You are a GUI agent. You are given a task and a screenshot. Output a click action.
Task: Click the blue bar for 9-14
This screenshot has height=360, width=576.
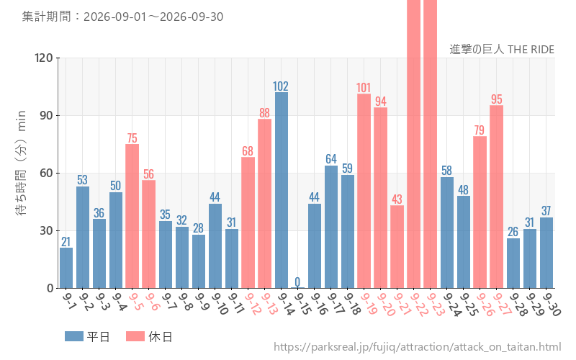[x=282, y=190]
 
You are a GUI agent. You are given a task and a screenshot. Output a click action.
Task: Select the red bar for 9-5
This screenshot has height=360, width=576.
[x=132, y=216]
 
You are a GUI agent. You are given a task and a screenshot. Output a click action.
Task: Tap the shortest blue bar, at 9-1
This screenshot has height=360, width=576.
[x=66, y=268]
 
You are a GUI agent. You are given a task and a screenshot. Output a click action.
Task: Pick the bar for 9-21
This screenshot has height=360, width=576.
[x=397, y=246]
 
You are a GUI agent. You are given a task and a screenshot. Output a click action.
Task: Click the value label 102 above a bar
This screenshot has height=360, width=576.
[x=281, y=86]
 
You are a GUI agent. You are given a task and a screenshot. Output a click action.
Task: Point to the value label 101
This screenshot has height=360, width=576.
[x=364, y=88]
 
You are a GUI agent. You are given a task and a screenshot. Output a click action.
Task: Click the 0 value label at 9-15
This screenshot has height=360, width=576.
[x=297, y=282]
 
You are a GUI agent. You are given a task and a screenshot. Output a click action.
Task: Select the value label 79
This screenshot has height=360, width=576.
[x=480, y=130]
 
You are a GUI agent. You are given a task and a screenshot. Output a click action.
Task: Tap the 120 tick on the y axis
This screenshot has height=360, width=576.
[x=44, y=58]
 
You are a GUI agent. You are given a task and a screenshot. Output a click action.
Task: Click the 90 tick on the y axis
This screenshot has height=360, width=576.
[x=47, y=116]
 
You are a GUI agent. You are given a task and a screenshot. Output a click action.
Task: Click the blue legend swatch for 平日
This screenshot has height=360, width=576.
[x=74, y=336]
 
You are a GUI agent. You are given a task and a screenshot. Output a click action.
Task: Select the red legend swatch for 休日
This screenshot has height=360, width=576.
[x=135, y=336]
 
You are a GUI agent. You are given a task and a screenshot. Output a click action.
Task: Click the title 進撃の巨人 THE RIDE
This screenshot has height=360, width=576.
[x=502, y=49]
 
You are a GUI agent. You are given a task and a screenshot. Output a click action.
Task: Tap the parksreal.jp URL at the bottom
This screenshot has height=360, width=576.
[x=418, y=347]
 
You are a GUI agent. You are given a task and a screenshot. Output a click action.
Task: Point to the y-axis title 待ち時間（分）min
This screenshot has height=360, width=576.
[x=21, y=163]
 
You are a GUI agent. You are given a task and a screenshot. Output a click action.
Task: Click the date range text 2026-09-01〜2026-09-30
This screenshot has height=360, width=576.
[x=153, y=17]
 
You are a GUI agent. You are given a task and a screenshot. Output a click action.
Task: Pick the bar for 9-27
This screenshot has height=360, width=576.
[x=496, y=197]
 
